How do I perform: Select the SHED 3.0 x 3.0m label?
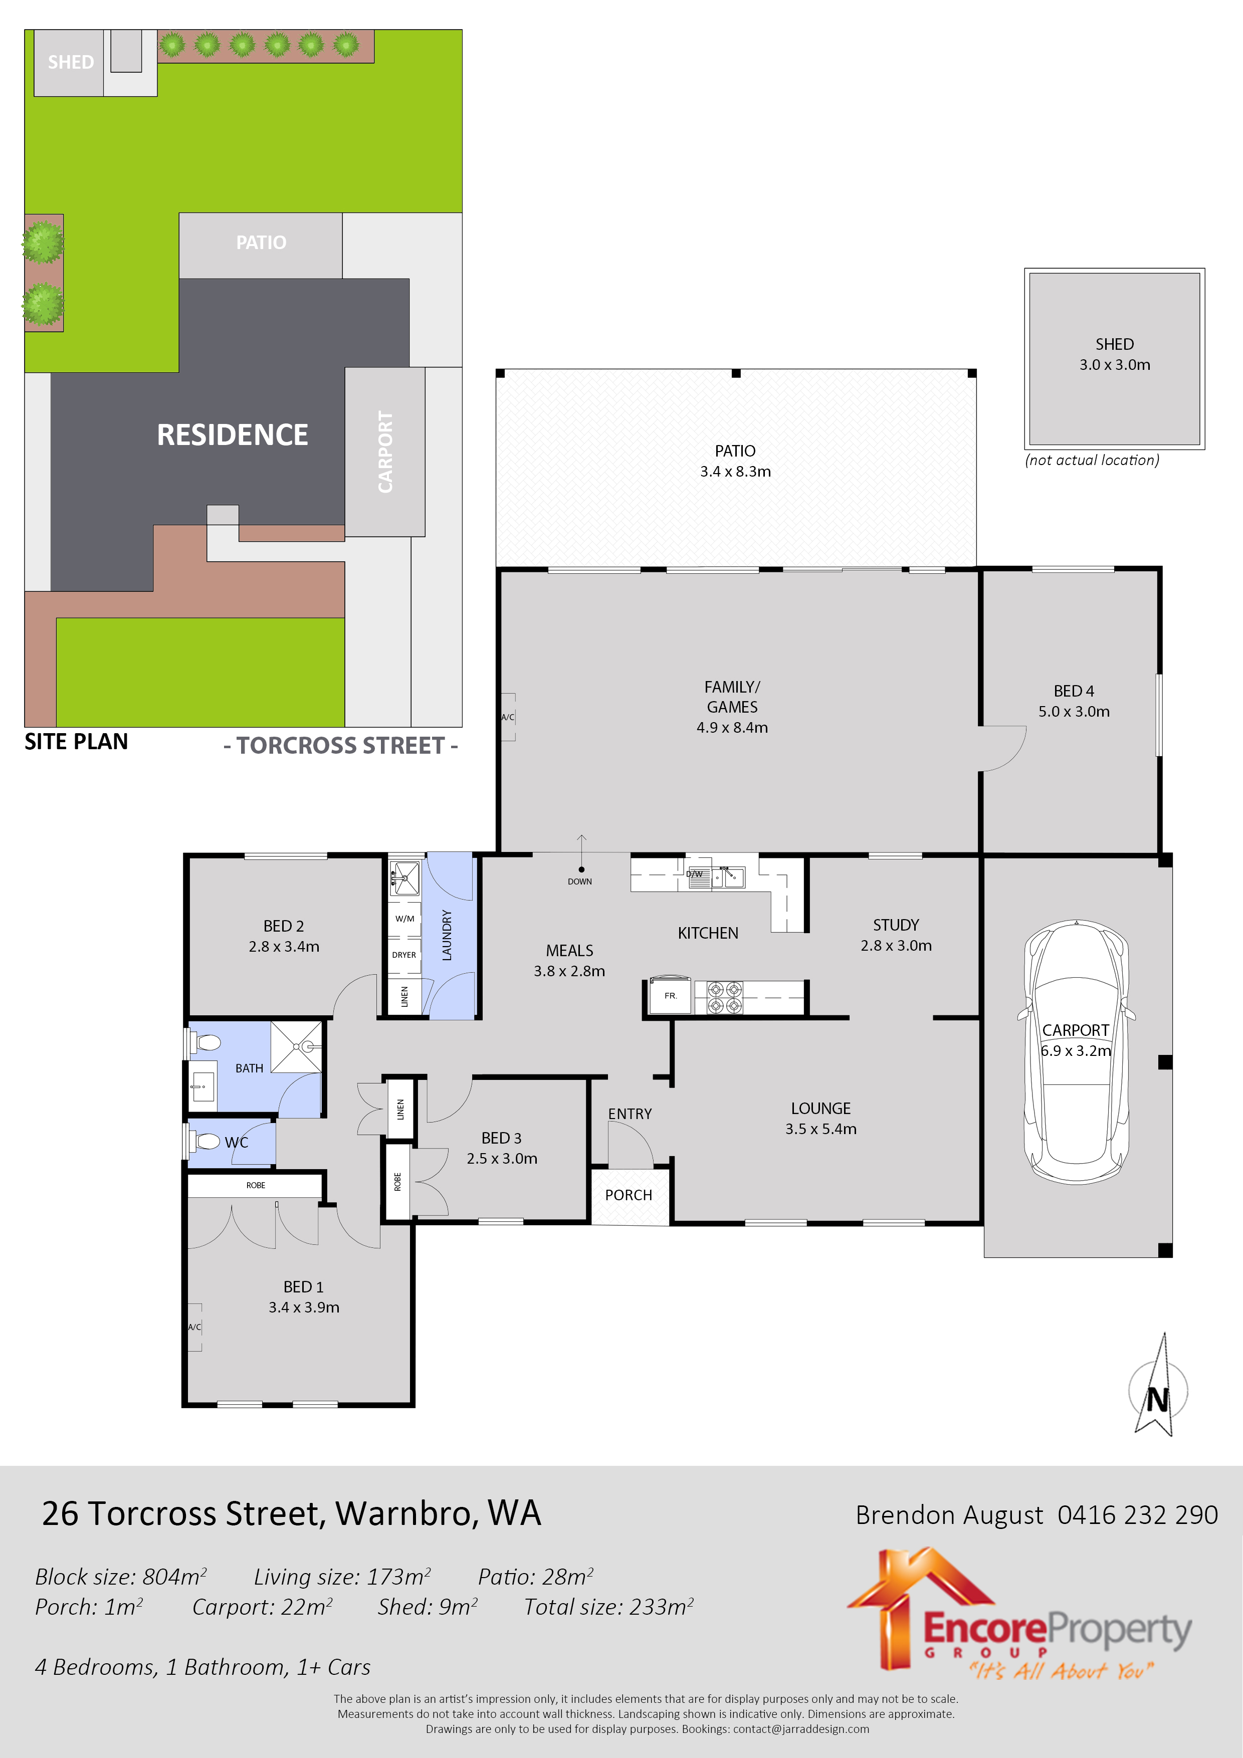click(1114, 354)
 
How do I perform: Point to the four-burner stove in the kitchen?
click(724, 997)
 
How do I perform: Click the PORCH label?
click(628, 1195)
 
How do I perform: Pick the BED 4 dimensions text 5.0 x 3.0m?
click(1074, 711)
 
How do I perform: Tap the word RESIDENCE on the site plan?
click(232, 435)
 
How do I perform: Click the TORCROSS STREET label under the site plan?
click(341, 745)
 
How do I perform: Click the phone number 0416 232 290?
click(1137, 1514)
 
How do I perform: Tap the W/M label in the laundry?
click(404, 918)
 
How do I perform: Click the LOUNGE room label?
click(820, 1108)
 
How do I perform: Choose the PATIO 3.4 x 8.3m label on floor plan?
click(735, 461)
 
